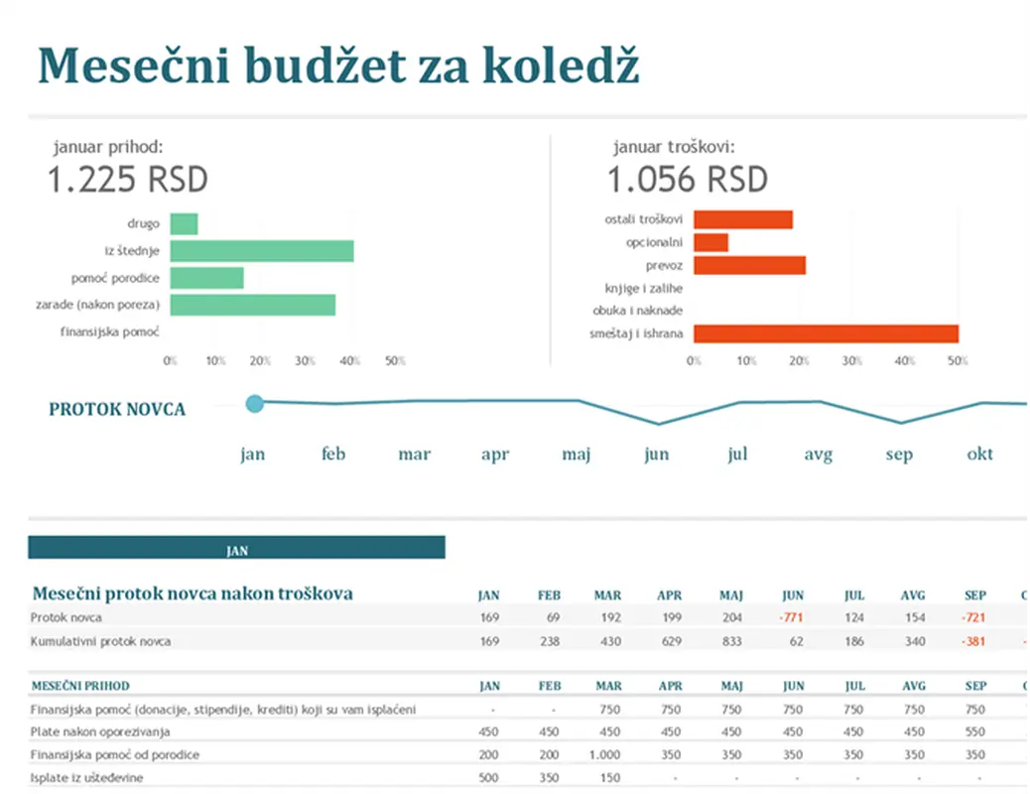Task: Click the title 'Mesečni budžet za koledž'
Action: click(x=337, y=66)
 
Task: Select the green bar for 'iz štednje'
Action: click(x=262, y=251)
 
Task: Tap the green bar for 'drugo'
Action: click(x=184, y=224)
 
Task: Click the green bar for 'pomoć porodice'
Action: click(x=206, y=278)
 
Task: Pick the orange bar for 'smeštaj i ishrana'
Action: click(x=826, y=333)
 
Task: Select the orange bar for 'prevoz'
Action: click(x=749, y=265)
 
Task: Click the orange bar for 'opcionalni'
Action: click(x=710, y=242)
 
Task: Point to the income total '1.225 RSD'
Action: click(x=128, y=181)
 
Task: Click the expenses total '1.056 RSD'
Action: click(x=688, y=181)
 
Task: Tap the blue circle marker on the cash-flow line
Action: click(x=254, y=403)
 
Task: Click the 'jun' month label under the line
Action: click(x=656, y=455)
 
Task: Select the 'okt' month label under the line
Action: click(x=979, y=455)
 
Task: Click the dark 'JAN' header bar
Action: click(x=236, y=548)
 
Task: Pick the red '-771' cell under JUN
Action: click(x=792, y=618)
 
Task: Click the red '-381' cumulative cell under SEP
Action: click(x=974, y=642)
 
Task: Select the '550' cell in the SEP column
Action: click(x=975, y=732)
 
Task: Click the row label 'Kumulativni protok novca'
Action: click(x=100, y=642)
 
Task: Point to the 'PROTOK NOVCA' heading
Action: click(x=117, y=409)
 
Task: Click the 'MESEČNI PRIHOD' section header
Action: click(x=80, y=686)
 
